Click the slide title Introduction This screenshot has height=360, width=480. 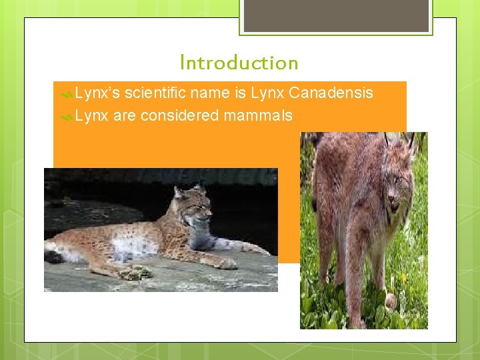tap(239, 63)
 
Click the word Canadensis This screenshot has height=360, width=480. tap(331, 93)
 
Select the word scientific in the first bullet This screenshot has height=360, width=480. tap(155, 93)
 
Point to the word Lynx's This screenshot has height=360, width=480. tap(97, 93)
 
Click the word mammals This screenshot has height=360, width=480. tap(258, 115)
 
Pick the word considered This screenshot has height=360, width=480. tap(179, 115)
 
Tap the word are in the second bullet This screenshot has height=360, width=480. tap(124, 115)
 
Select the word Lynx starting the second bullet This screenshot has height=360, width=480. tap(91, 115)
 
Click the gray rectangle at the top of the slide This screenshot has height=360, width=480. tap(335, 15)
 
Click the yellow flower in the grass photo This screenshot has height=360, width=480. tap(404, 277)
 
